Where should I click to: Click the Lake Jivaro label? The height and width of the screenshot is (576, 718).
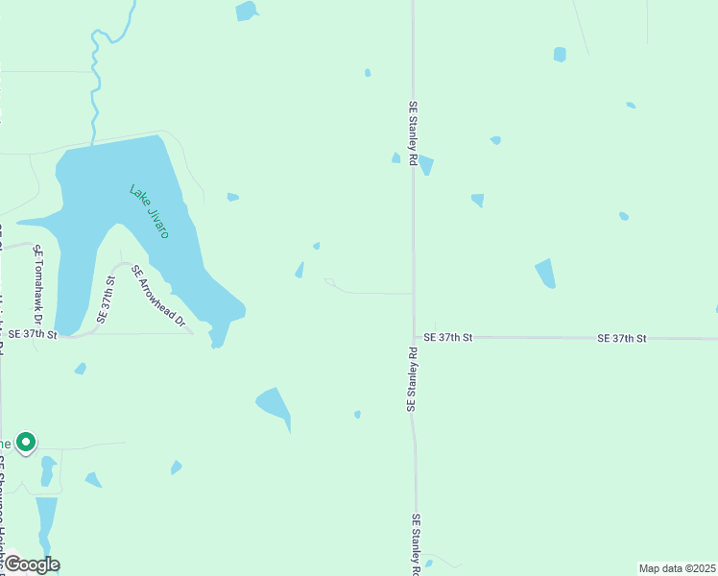click(149, 211)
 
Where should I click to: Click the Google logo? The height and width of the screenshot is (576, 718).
click(31, 564)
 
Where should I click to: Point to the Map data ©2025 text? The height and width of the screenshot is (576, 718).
click(678, 567)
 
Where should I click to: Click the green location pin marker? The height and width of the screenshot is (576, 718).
click(27, 442)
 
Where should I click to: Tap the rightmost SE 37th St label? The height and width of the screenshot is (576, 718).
click(621, 338)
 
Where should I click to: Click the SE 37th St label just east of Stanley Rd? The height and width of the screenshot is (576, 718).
click(448, 337)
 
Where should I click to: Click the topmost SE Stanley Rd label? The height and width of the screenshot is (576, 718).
click(413, 135)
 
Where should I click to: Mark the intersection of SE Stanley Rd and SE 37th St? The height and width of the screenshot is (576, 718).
click(414, 337)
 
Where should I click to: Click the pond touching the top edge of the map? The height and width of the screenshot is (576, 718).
click(247, 11)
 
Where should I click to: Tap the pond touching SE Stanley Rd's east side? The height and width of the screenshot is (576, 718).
click(425, 164)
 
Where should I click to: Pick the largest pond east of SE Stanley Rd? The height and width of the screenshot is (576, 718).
click(545, 274)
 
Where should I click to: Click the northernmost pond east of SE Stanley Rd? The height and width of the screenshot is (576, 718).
click(560, 55)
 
